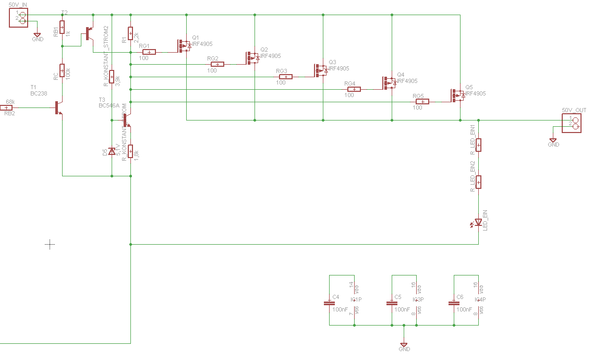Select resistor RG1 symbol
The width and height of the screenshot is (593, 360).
click(x=149, y=52)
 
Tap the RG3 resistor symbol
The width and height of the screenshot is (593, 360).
click(x=285, y=77)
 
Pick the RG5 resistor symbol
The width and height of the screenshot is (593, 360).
click(x=422, y=102)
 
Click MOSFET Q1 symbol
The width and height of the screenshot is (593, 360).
click(x=184, y=46)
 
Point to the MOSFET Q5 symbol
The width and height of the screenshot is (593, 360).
click(x=457, y=95)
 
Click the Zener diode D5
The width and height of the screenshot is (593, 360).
click(x=112, y=151)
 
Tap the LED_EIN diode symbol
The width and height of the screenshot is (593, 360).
click(x=478, y=223)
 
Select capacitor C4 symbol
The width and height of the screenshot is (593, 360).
click(x=330, y=303)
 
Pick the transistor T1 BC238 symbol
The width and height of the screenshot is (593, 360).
click(x=59, y=107)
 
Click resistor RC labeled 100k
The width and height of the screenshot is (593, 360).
click(x=62, y=70)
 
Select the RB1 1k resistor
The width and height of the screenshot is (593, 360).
click(x=62, y=27)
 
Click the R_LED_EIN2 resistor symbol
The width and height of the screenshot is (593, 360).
click(x=478, y=182)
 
